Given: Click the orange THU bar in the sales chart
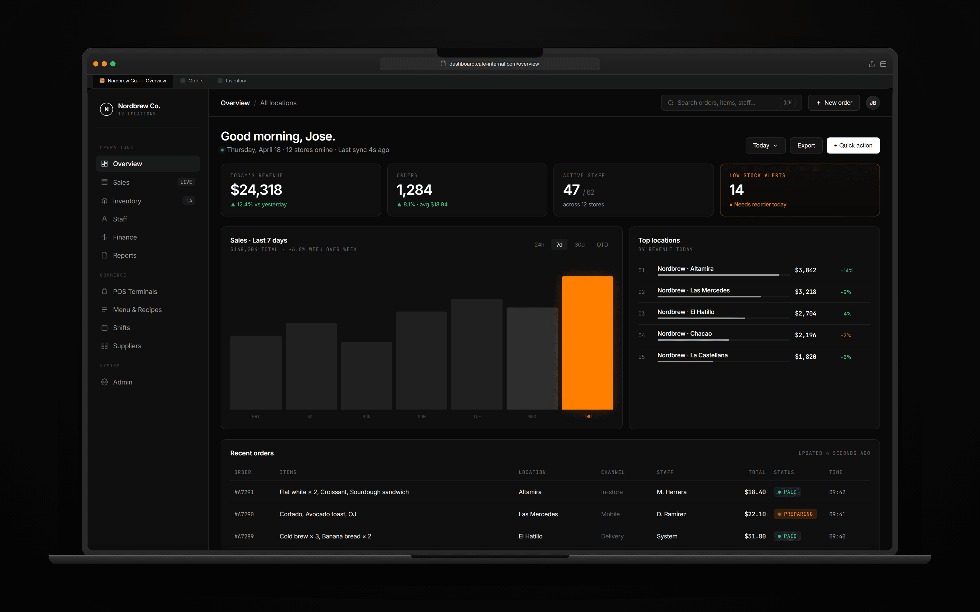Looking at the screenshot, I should (x=587, y=342).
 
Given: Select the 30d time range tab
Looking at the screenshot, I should (x=580, y=245).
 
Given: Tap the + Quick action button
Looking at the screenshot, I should (x=853, y=145).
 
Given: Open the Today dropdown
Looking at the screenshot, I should (x=765, y=145).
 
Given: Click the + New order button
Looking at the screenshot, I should (x=834, y=103).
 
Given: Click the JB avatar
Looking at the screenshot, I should (x=873, y=103).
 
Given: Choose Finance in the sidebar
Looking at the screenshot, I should (x=125, y=237).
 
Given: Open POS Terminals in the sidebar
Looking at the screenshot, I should (x=135, y=291).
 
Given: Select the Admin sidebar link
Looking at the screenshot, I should (x=122, y=382).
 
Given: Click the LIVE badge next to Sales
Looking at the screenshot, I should (x=186, y=182).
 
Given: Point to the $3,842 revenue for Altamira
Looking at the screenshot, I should (x=805, y=270).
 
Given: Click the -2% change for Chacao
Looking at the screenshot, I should (x=846, y=335).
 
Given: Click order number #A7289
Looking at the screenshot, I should (x=244, y=536).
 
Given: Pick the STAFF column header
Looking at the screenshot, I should (x=665, y=472).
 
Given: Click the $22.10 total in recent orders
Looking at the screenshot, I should (x=755, y=514).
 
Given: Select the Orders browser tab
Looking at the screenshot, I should (x=195, y=81).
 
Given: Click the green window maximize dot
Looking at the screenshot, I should (x=113, y=64).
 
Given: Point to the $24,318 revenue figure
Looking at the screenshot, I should (x=256, y=190).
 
